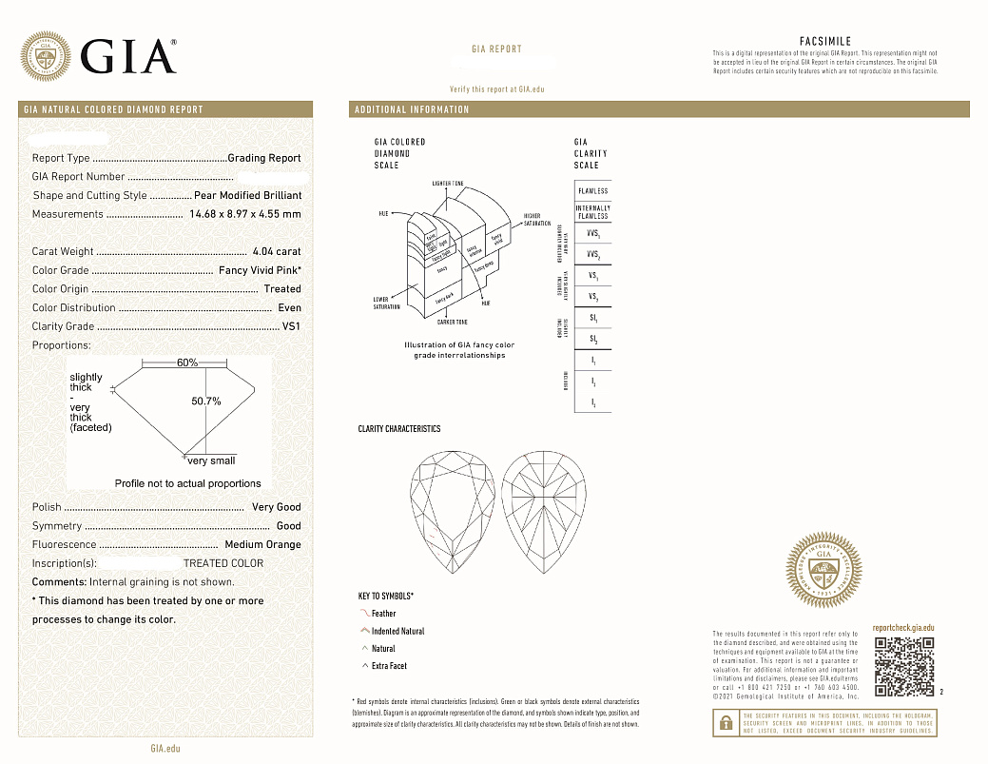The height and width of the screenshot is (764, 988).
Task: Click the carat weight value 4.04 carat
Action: coord(277,251)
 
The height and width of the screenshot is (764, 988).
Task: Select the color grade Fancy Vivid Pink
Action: coord(260,270)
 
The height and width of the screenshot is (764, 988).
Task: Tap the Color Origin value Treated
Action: coord(282,289)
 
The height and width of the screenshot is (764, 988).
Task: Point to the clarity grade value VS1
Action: coord(291,326)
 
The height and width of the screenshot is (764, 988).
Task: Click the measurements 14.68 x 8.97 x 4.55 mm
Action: coord(245,214)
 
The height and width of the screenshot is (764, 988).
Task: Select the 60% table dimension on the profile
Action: coord(187,362)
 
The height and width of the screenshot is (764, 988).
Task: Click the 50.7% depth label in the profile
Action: coord(206,402)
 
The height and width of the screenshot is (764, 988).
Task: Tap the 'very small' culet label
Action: coord(211,460)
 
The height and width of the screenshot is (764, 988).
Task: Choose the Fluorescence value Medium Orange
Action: coord(262,544)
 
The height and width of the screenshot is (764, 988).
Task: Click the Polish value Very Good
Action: coord(276,507)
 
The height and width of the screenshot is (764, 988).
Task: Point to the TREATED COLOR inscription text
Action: coord(223,563)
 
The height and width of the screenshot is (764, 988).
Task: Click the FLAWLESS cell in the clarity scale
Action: coord(592,190)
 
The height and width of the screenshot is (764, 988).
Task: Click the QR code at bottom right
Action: coord(902,666)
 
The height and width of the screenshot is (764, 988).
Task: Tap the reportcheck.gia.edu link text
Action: coord(902,628)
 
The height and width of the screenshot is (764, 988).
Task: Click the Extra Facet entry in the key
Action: coord(389,666)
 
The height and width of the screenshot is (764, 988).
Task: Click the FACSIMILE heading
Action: coord(824,42)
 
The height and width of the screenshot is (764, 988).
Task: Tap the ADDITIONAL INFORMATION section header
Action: coord(412,109)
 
